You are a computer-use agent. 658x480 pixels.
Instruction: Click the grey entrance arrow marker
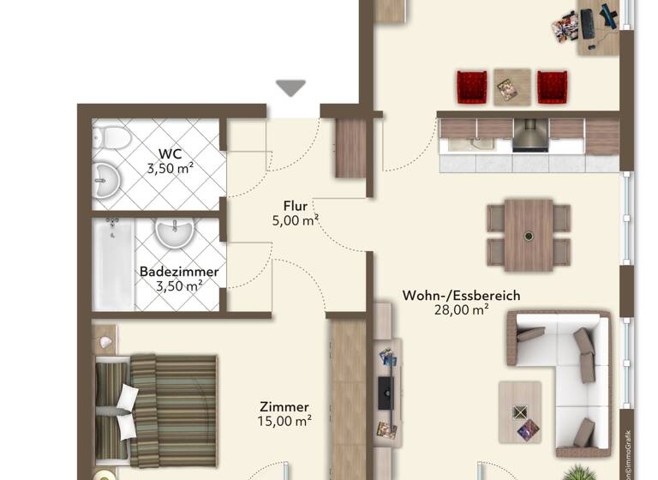(291, 87)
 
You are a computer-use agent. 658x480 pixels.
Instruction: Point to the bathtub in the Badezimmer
(113, 265)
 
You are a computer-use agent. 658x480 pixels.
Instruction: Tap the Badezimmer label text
(179, 272)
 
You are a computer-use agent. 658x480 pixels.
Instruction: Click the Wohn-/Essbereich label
(461, 296)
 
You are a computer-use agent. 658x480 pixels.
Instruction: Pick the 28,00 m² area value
(461, 310)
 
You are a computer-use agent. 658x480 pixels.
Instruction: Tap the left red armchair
(471, 87)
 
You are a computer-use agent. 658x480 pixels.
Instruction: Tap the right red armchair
(552, 87)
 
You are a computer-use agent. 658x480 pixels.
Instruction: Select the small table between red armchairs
(511, 85)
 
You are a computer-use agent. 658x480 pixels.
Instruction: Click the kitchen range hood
(530, 135)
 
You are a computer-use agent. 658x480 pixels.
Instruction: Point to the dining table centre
(529, 234)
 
